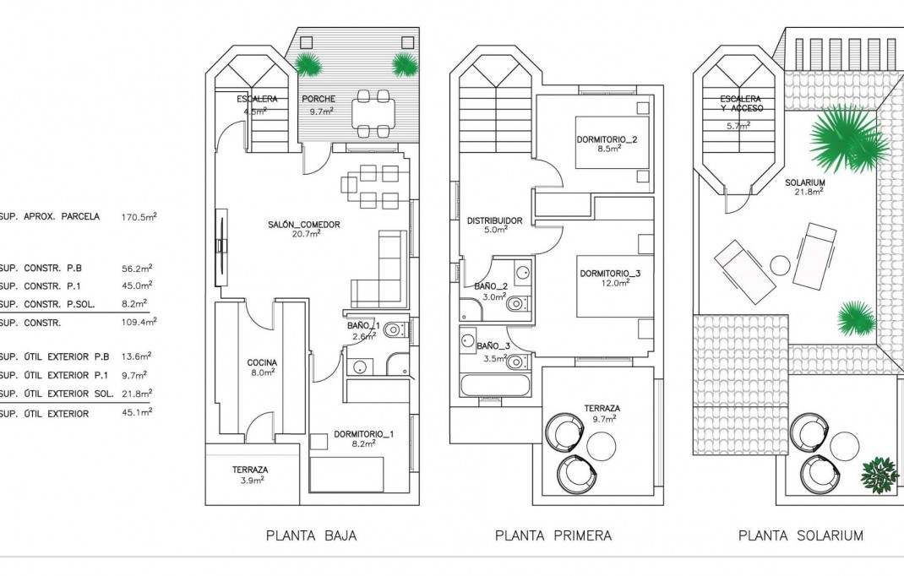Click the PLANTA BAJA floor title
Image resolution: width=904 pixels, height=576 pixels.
[x=311, y=535]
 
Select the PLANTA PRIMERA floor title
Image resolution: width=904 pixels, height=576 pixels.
[x=553, y=535]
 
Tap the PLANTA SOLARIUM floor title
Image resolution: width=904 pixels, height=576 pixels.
[x=800, y=535]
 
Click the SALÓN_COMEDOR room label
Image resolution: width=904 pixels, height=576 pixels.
[x=305, y=225]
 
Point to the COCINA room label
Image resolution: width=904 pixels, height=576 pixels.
[x=261, y=362]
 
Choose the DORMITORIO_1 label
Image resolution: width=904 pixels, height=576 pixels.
[x=363, y=434]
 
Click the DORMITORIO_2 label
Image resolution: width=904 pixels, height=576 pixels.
[x=607, y=139]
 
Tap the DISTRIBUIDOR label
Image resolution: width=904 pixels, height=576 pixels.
[x=494, y=220]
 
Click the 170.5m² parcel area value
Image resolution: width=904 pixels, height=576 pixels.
[x=139, y=217]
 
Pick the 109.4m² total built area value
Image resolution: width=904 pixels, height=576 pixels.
[x=139, y=322]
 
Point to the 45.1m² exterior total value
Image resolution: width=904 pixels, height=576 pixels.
[x=136, y=413]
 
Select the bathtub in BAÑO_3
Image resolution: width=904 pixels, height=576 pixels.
[x=495, y=387]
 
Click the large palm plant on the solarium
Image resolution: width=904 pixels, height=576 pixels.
[x=845, y=139]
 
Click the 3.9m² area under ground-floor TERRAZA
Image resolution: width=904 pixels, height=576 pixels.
[x=250, y=479]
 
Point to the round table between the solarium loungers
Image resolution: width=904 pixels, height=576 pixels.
[x=780, y=264]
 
